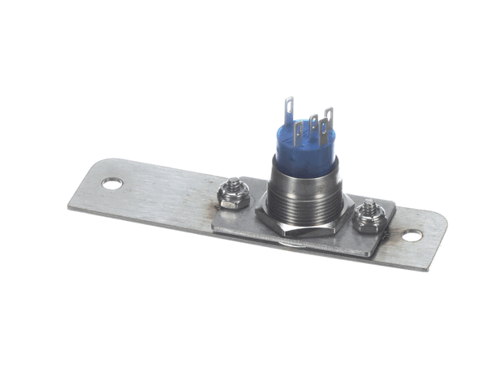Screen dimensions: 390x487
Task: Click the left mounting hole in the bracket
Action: pyautogui.click(x=112, y=184)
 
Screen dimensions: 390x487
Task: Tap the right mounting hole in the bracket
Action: pyautogui.click(x=412, y=236)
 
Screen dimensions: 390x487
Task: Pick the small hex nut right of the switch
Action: pyautogui.click(x=368, y=218)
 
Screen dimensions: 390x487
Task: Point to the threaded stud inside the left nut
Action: pyautogui.click(x=235, y=186)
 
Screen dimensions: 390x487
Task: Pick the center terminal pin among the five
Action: pyautogui.click(x=312, y=127)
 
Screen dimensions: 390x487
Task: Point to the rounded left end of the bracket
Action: pyautogui.click(x=81, y=192)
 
